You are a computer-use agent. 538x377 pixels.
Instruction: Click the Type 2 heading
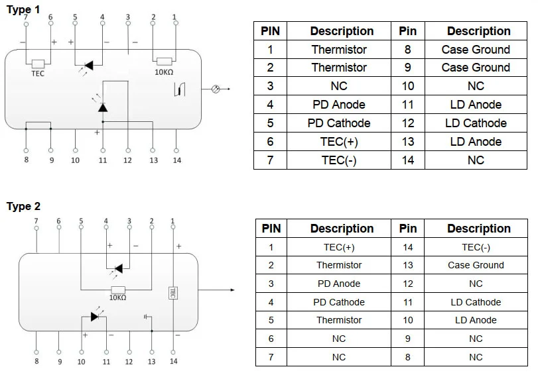tap(24, 206)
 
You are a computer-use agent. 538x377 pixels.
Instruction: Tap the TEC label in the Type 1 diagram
tap(38, 74)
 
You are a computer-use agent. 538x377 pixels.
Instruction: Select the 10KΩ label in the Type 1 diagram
tap(164, 72)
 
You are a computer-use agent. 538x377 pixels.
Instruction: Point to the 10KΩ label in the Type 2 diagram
tap(117, 298)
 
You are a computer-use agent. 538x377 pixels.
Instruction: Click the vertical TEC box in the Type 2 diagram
tap(172, 292)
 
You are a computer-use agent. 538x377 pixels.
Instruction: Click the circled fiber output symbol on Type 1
tap(214, 88)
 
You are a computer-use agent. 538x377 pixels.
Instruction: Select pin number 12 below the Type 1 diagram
tap(127, 160)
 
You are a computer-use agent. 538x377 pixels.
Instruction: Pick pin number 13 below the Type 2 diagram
tap(151, 362)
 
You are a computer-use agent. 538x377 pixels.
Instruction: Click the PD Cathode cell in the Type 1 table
tap(339, 123)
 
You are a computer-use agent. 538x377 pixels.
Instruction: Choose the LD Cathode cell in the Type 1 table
tap(476, 123)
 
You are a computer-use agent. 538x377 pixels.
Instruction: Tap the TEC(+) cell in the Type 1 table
tap(339, 142)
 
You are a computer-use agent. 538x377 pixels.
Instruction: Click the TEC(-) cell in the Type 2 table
tap(476, 247)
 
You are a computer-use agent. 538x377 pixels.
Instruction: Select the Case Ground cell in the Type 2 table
tap(476, 265)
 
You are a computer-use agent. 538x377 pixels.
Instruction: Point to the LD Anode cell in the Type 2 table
tap(476, 320)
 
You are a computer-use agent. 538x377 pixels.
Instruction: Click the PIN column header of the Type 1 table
tap(270, 31)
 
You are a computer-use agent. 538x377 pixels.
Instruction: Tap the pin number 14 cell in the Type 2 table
tap(408, 247)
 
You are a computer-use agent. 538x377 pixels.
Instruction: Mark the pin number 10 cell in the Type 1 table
tap(408, 86)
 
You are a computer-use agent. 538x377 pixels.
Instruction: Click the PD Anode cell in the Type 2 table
tap(339, 284)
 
